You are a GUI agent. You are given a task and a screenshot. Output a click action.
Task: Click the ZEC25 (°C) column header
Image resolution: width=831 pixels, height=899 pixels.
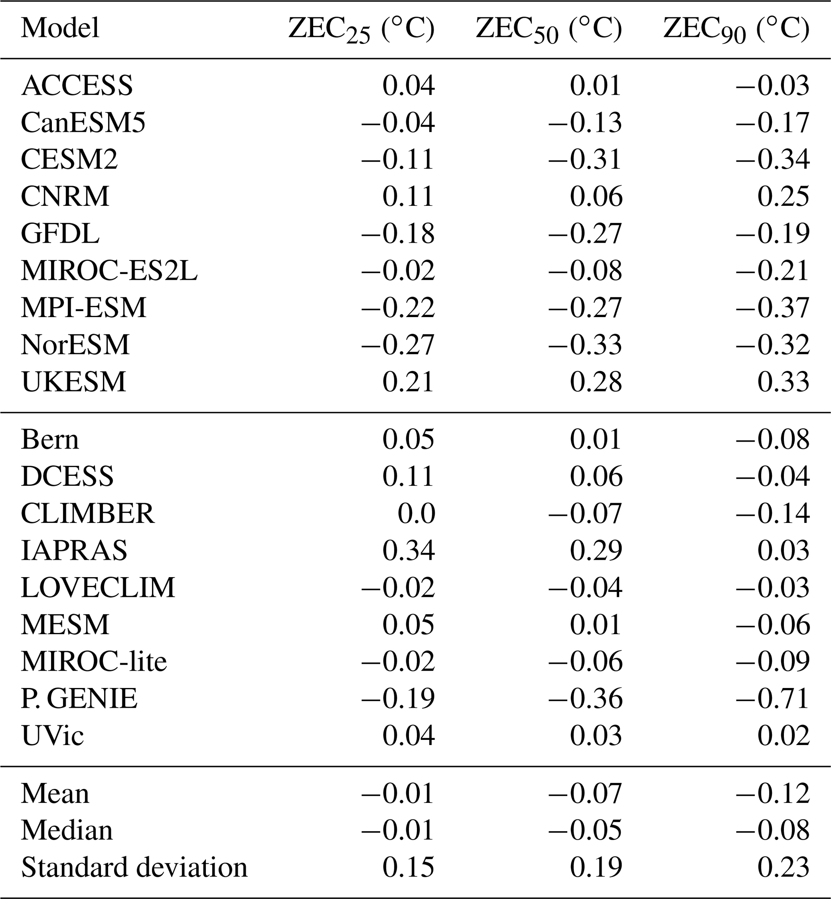(361, 29)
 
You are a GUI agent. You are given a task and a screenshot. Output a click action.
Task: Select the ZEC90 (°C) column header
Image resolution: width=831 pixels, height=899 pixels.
(737, 29)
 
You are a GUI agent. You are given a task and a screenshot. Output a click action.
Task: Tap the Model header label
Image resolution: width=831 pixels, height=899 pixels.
(60, 28)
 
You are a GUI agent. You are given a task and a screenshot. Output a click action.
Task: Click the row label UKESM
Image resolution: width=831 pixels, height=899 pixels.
(74, 382)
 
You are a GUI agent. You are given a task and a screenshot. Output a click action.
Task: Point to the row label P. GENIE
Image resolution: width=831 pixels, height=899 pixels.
(79, 698)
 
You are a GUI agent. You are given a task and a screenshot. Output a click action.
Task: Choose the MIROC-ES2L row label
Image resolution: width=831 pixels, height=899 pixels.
(109, 270)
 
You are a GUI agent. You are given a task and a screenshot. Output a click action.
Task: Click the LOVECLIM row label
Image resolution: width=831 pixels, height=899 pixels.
(98, 588)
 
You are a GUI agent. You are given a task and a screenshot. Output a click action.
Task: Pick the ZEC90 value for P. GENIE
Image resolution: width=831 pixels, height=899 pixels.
(773, 698)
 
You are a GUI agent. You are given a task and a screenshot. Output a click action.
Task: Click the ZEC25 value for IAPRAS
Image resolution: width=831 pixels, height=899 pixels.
(408, 550)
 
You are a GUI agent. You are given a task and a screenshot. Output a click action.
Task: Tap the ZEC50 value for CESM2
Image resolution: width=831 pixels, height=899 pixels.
(585, 160)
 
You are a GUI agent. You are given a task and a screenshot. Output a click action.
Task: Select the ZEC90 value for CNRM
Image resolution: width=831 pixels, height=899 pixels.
(783, 197)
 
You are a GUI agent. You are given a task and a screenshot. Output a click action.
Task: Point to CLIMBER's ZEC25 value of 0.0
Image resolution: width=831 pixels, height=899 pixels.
(417, 513)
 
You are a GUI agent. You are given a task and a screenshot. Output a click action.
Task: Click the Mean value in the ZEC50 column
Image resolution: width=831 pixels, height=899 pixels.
(585, 793)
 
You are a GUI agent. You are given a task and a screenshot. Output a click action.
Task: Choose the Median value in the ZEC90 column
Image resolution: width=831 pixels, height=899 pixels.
(773, 830)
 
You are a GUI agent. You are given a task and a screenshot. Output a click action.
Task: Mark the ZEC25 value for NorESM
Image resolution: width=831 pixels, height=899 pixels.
(398, 345)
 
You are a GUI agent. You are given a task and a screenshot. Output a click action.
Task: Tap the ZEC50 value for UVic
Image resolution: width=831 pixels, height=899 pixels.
(596, 735)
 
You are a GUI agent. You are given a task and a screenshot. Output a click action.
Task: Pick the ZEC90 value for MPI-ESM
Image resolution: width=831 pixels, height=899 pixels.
(773, 307)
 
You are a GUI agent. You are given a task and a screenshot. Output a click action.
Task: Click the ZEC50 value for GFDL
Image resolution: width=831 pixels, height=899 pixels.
(585, 234)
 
